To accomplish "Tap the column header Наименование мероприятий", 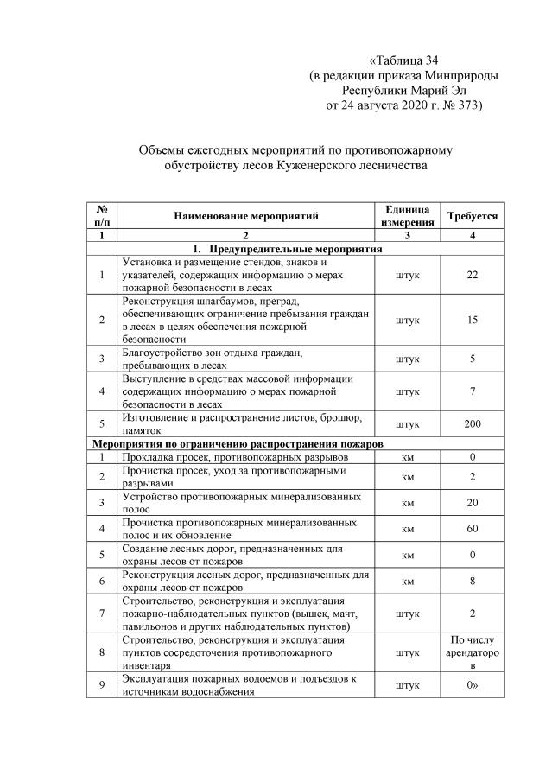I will pos(245,215).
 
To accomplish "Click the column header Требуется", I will pos(473,215).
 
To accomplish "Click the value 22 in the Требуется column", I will pos(473,275).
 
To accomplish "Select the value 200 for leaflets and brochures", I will pos(473,424).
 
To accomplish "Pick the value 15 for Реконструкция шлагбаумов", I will pos(473,320).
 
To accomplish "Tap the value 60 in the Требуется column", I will pos(473,527).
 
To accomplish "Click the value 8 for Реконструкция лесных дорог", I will pos(473,582).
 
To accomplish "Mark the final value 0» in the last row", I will pos(473,685).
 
